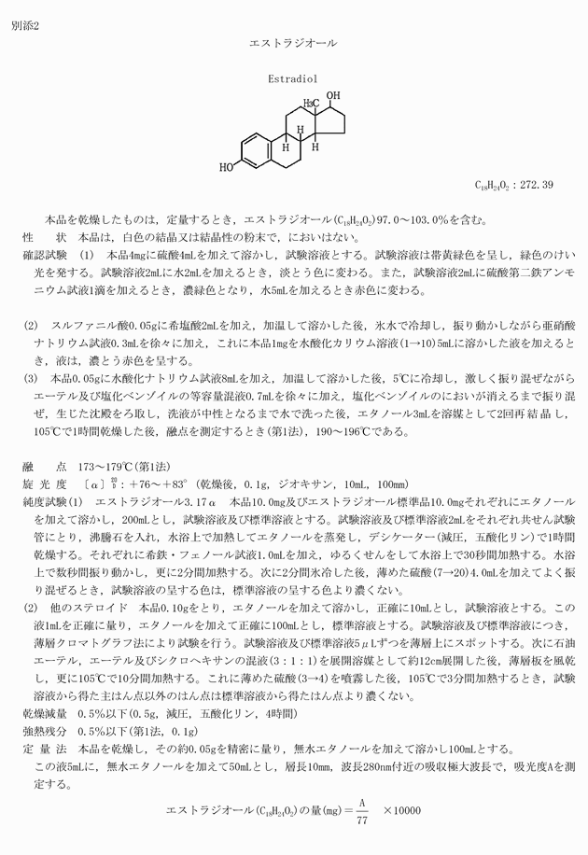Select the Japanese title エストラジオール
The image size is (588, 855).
tap(293, 43)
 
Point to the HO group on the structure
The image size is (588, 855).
tap(227, 169)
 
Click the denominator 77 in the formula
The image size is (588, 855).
tap(363, 820)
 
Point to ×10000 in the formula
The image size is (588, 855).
tap(402, 809)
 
